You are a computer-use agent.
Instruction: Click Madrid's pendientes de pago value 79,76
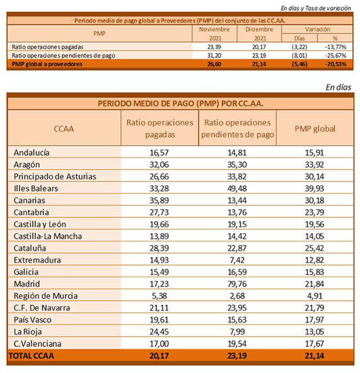(237, 284)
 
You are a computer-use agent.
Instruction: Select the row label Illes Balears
(36, 188)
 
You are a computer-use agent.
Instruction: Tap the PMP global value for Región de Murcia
(315, 296)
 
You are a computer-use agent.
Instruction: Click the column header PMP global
(315, 129)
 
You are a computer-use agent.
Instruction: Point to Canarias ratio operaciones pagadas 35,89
(159, 200)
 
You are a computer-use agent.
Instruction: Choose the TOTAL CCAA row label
(32, 355)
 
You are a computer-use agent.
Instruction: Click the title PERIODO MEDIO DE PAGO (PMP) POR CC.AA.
(180, 103)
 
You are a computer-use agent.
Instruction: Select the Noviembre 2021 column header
(214, 33)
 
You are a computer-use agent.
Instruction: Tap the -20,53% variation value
(335, 64)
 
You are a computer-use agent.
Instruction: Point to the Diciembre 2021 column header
(259, 33)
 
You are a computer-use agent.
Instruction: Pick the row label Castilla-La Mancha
(48, 236)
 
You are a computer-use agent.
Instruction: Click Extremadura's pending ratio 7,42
(237, 260)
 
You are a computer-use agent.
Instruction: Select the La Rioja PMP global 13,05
(315, 331)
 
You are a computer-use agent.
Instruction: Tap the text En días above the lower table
(339, 88)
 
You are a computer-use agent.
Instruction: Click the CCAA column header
(64, 129)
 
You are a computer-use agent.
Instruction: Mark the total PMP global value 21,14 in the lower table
(315, 355)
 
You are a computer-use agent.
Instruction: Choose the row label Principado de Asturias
(55, 176)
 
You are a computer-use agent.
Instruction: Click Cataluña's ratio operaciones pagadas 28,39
(159, 248)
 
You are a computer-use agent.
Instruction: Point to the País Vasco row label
(33, 319)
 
